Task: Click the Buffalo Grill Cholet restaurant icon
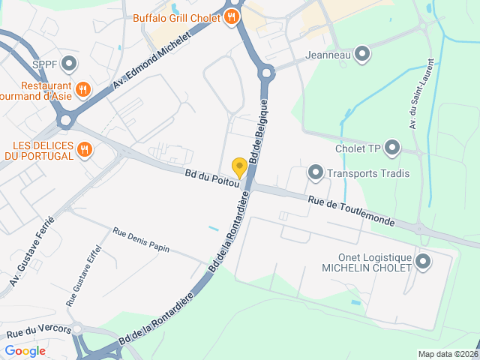231,17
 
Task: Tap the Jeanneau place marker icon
363,54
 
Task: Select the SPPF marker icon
70,64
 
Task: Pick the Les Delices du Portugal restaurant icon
85,150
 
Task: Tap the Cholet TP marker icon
392,148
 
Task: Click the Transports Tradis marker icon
316,174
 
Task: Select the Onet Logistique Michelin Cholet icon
422,262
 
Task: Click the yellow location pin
239,167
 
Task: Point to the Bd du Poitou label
211,178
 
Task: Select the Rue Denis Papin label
141,239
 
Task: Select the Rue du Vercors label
38,330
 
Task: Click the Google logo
25,350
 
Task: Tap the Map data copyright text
447,354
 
